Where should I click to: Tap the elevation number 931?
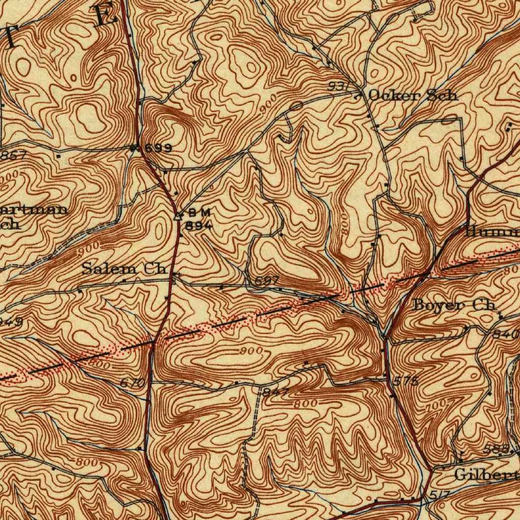337,87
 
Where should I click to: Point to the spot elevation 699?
158,148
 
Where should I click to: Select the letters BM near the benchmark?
199,212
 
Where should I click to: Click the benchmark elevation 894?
199,226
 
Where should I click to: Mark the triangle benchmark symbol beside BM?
178,216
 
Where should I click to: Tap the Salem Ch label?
125,269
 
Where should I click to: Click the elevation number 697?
266,281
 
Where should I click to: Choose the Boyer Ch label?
453,305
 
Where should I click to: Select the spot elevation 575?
406,381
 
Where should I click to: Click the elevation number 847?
276,392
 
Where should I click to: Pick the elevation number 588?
496,449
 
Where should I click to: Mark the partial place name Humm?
491,232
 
